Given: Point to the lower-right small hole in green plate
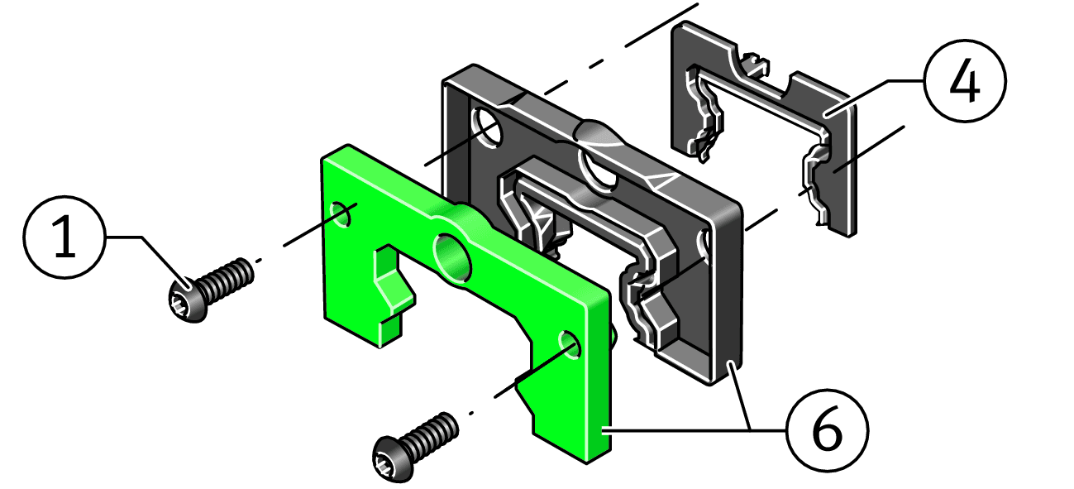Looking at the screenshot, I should click(x=569, y=343).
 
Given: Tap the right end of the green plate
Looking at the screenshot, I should click(x=598, y=381).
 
